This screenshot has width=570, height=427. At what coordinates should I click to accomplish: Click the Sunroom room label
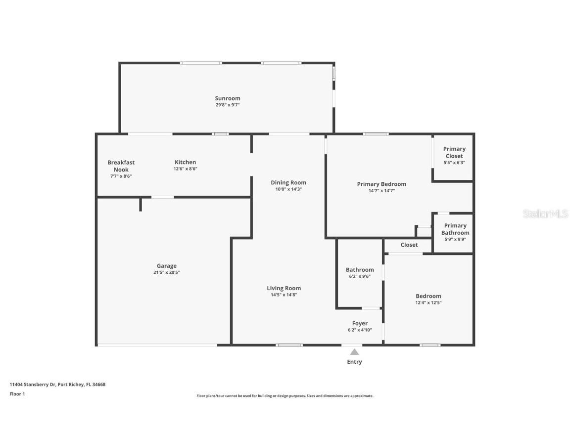click(227, 98)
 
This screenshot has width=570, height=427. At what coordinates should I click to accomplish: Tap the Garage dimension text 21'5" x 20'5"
click(166, 272)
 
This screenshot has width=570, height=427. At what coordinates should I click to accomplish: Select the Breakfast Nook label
click(121, 166)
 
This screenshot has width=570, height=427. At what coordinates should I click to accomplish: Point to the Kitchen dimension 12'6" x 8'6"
click(185, 169)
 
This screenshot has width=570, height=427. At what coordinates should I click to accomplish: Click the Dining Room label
click(288, 182)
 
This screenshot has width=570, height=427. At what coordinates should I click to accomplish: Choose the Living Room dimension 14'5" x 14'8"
click(284, 295)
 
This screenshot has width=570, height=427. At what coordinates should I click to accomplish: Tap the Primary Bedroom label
click(381, 184)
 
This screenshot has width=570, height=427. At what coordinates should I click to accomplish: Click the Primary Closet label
click(454, 152)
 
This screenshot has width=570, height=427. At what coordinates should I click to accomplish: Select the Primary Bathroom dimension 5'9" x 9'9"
click(455, 239)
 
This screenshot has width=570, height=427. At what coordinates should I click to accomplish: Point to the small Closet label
click(409, 245)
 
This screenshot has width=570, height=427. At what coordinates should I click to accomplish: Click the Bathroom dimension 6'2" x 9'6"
click(359, 277)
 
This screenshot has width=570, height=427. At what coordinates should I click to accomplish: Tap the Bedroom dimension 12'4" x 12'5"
click(428, 303)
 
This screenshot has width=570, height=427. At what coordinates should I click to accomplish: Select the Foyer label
click(360, 323)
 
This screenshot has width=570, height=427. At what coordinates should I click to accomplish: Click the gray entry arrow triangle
click(354, 352)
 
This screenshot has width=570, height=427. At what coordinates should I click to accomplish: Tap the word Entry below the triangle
click(354, 362)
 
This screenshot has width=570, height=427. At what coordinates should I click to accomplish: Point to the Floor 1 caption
click(17, 394)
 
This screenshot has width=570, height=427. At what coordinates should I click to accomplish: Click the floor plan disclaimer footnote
click(285, 396)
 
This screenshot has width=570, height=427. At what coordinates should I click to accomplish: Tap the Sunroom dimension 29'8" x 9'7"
click(227, 105)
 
